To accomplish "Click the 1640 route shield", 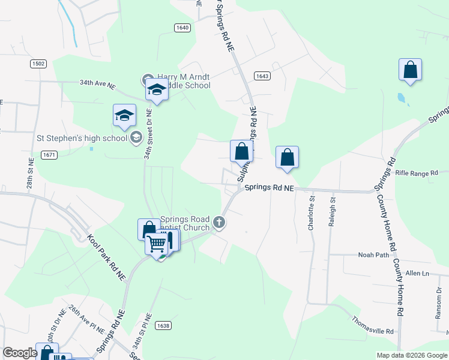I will (x=182, y=28).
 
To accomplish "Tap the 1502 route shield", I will (x=38, y=64).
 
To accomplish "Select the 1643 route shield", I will (x=262, y=76).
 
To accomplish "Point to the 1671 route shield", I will (x=49, y=155).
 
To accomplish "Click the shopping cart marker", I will (x=157, y=242).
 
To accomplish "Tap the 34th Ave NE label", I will (x=97, y=85).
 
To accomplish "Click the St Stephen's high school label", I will (x=82, y=138).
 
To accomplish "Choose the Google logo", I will (x=20, y=353).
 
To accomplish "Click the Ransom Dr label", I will (x=439, y=303).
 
